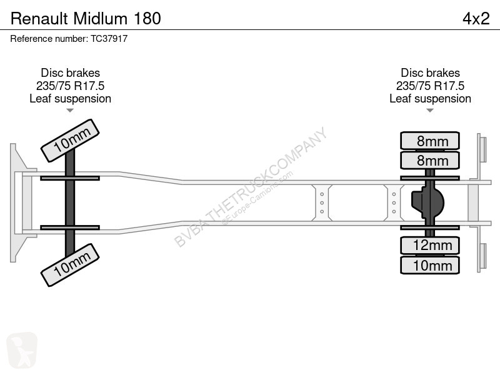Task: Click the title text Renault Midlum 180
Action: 86,19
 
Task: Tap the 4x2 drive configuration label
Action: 476,19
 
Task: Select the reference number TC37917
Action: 109,39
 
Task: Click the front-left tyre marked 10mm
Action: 70,141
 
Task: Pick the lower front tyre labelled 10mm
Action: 70,265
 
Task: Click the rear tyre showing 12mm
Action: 430,246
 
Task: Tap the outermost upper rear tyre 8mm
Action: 430,141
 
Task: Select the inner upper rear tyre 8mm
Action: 430,161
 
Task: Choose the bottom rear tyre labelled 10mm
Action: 430,265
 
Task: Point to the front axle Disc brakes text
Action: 71,73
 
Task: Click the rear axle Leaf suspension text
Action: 430,99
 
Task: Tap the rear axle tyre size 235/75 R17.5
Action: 430,86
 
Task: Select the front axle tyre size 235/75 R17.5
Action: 71,86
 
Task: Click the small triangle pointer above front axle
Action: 70,111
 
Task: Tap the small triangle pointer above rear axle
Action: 430,111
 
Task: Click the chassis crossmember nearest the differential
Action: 394,202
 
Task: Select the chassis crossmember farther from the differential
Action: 322,202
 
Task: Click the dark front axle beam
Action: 70,202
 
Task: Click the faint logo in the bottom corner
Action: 22,350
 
